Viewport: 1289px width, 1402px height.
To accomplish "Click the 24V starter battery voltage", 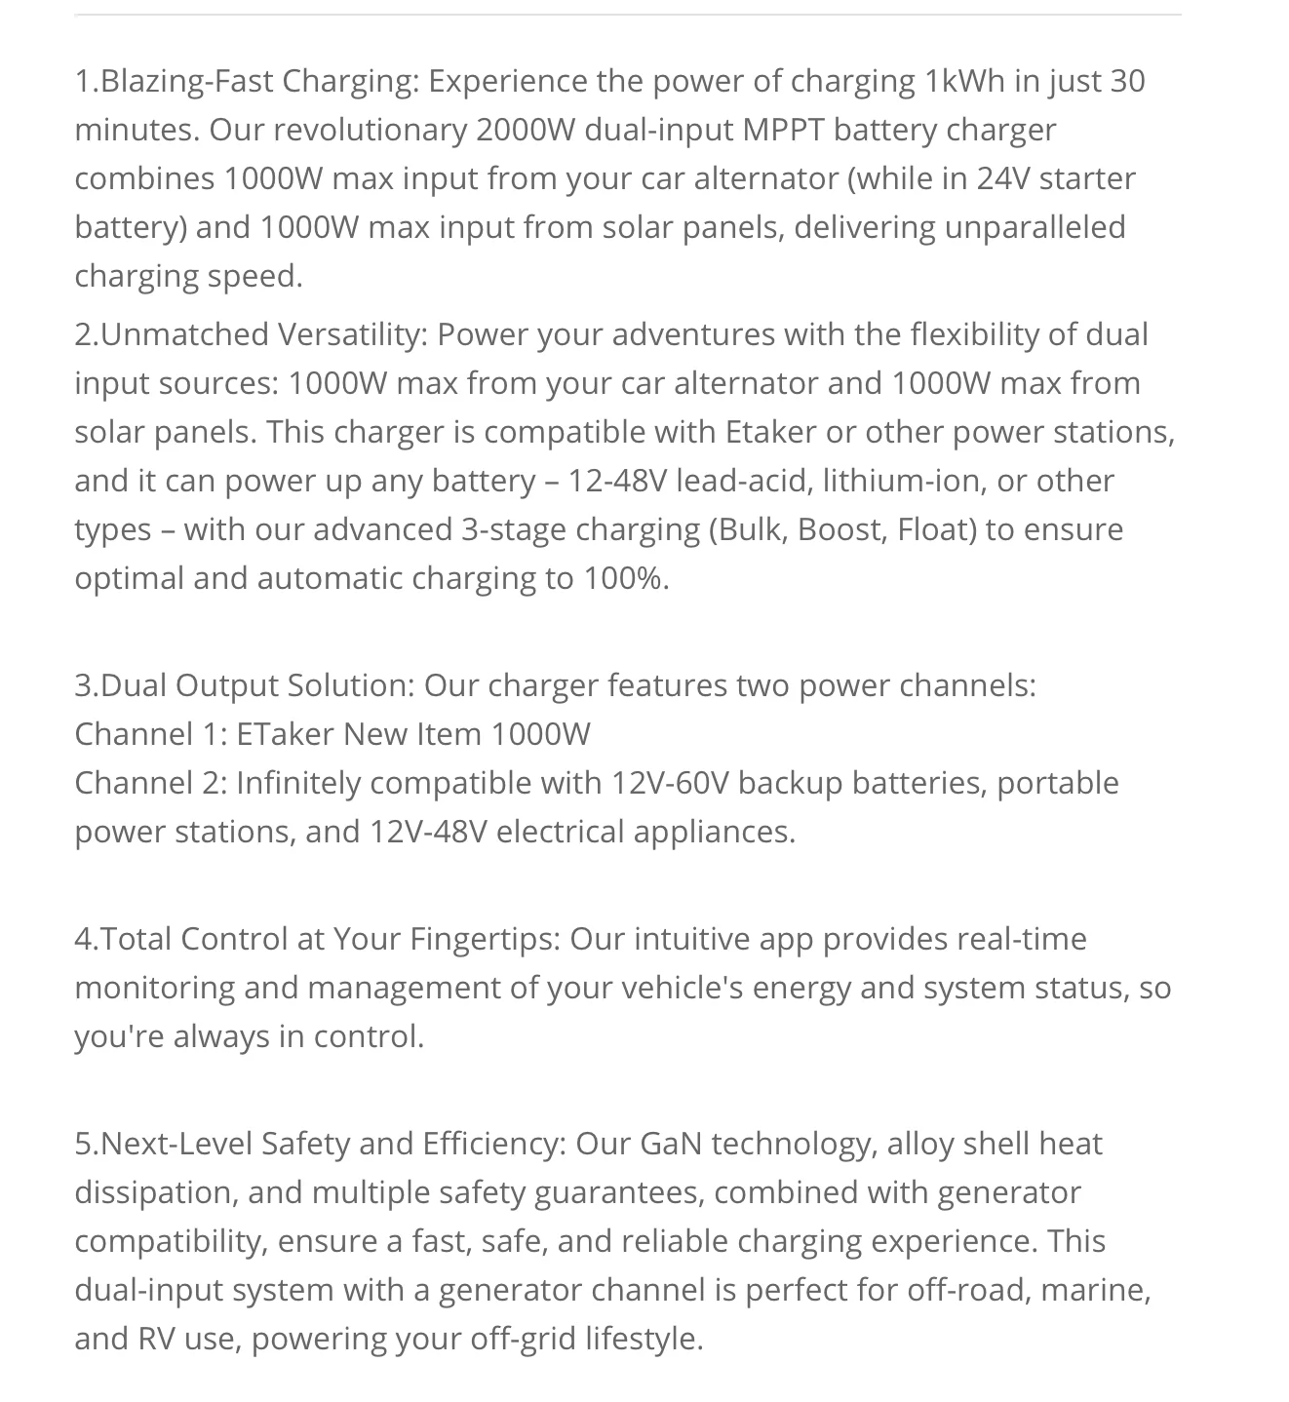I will pyautogui.click(x=998, y=178).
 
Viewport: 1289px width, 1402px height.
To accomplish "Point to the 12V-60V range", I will pyautogui.click(x=670, y=783).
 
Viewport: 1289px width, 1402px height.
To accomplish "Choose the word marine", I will pyautogui.click(x=1095, y=1290).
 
